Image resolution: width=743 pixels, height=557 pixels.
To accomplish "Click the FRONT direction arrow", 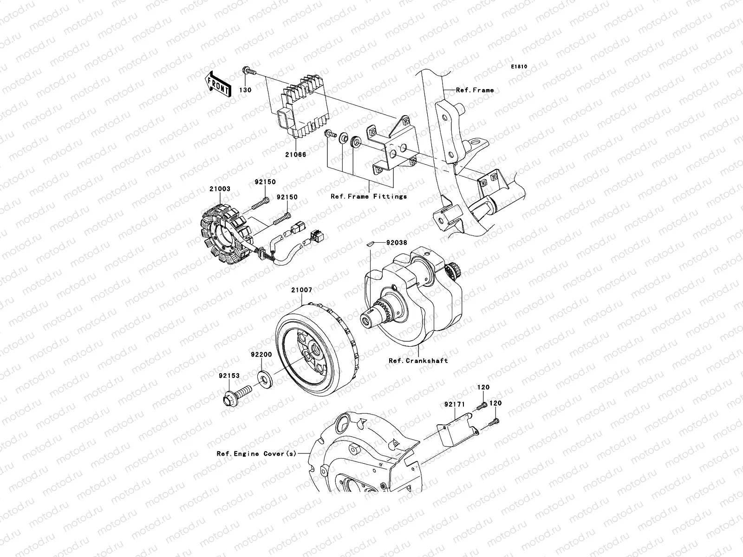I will point(218,84).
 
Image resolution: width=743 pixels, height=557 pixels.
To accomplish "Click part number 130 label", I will point(245,90).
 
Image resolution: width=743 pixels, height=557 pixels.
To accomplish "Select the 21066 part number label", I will point(296,155).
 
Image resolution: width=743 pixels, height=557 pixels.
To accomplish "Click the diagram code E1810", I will point(519,67).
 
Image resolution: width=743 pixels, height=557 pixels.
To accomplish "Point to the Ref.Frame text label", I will point(475,90).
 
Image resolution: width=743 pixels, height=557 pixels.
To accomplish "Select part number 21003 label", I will point(220,189).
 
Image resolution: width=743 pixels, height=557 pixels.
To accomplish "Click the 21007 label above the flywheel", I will point(302,290).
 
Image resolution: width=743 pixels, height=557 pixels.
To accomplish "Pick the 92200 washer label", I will point(261,354).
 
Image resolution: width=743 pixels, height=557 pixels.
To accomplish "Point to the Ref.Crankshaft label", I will point(418,360).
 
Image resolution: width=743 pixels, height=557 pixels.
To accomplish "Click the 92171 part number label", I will point(454,405).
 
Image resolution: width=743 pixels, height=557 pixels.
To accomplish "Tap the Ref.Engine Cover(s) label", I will point(256,453).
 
